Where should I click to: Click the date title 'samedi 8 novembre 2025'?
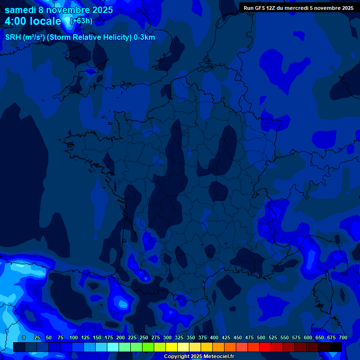click(x=59, y=10)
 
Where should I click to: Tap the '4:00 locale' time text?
click(x=33, y=21)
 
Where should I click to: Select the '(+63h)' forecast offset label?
click(x=81, y=21)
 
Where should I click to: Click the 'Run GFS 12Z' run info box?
click(x=298, y=7)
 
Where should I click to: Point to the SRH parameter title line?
click(x=80, y=37)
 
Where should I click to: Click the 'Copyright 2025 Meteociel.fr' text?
click(x=199, y=357)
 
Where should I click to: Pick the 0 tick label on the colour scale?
click(x=24, y=337)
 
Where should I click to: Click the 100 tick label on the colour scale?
click(x=74, y=337)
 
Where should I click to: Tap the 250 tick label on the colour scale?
click(x=144, y=337)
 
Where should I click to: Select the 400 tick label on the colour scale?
click(x=214, y=337)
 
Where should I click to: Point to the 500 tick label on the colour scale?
click(x=261, y=337)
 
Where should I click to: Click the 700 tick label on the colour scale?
click(x=343, y=337)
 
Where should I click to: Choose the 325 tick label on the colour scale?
click(x=179, y=337)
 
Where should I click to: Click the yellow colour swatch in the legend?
click(x=172, y=347)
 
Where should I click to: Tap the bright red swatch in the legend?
click(x=265, y=347)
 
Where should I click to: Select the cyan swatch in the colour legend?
click(x=113, y=347)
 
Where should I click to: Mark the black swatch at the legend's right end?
click(x=336, y=347)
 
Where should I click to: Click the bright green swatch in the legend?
click(x=148, y=347)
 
